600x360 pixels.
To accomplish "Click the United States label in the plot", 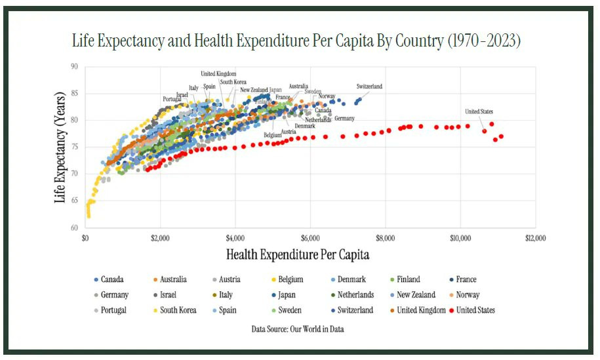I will pyautogui.click(x=479, y=111).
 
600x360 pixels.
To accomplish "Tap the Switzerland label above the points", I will pyautogui.click(x=369, y=87).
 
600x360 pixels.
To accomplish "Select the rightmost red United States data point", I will pyautogui.click(x=502, y=136).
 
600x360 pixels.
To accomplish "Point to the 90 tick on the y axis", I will pyautogui.click(x=73, y=66).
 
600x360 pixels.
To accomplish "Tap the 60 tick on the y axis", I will pyautogui.click(x=73, y=228).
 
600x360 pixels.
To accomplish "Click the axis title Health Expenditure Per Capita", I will pyautogui.click(x=302, y=253).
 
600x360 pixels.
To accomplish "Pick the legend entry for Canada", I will pyautogui.click(x=111, y=279).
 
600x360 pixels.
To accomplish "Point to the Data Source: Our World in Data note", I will pyautogui.click(x=298, y=329).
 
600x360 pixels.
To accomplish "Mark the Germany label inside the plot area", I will pyautogui.click(x=344, y=119).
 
